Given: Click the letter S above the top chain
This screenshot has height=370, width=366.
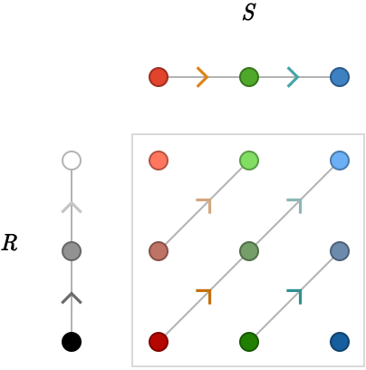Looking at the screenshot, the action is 249,13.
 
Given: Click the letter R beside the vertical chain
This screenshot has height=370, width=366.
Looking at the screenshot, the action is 10,243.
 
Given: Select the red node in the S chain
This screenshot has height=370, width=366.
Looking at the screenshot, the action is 159,77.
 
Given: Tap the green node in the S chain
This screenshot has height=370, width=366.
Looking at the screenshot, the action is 249,77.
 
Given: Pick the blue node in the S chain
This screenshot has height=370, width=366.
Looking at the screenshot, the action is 340,77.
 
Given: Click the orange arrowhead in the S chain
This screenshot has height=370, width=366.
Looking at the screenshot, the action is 203,77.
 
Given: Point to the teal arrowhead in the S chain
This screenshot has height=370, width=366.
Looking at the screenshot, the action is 294,77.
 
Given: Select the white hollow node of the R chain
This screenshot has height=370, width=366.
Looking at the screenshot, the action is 72,161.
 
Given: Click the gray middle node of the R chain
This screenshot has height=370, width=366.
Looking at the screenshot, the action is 72,251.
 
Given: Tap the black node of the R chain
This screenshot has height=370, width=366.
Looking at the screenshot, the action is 72,342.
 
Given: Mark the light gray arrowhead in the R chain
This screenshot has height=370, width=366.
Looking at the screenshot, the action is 72,207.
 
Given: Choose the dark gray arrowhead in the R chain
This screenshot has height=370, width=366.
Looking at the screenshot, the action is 72,297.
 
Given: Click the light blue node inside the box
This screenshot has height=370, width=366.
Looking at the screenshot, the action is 340,161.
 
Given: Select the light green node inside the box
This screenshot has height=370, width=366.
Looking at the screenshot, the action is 249,161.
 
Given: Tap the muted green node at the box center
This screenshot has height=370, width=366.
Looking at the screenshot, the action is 249,251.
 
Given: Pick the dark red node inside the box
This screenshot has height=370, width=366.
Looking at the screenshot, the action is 159,342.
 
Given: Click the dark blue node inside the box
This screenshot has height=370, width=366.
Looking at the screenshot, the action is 340,342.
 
